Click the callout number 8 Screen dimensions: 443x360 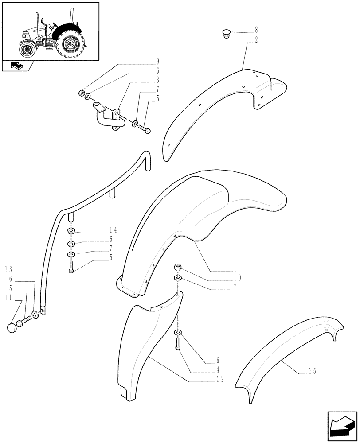(256, 31)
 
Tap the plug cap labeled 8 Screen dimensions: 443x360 (226, 33)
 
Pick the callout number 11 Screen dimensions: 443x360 (9, 298)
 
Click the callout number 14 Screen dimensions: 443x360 (113, 230)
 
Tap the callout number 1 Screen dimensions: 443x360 (235, 268)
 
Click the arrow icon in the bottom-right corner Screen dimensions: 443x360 (341, 425)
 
